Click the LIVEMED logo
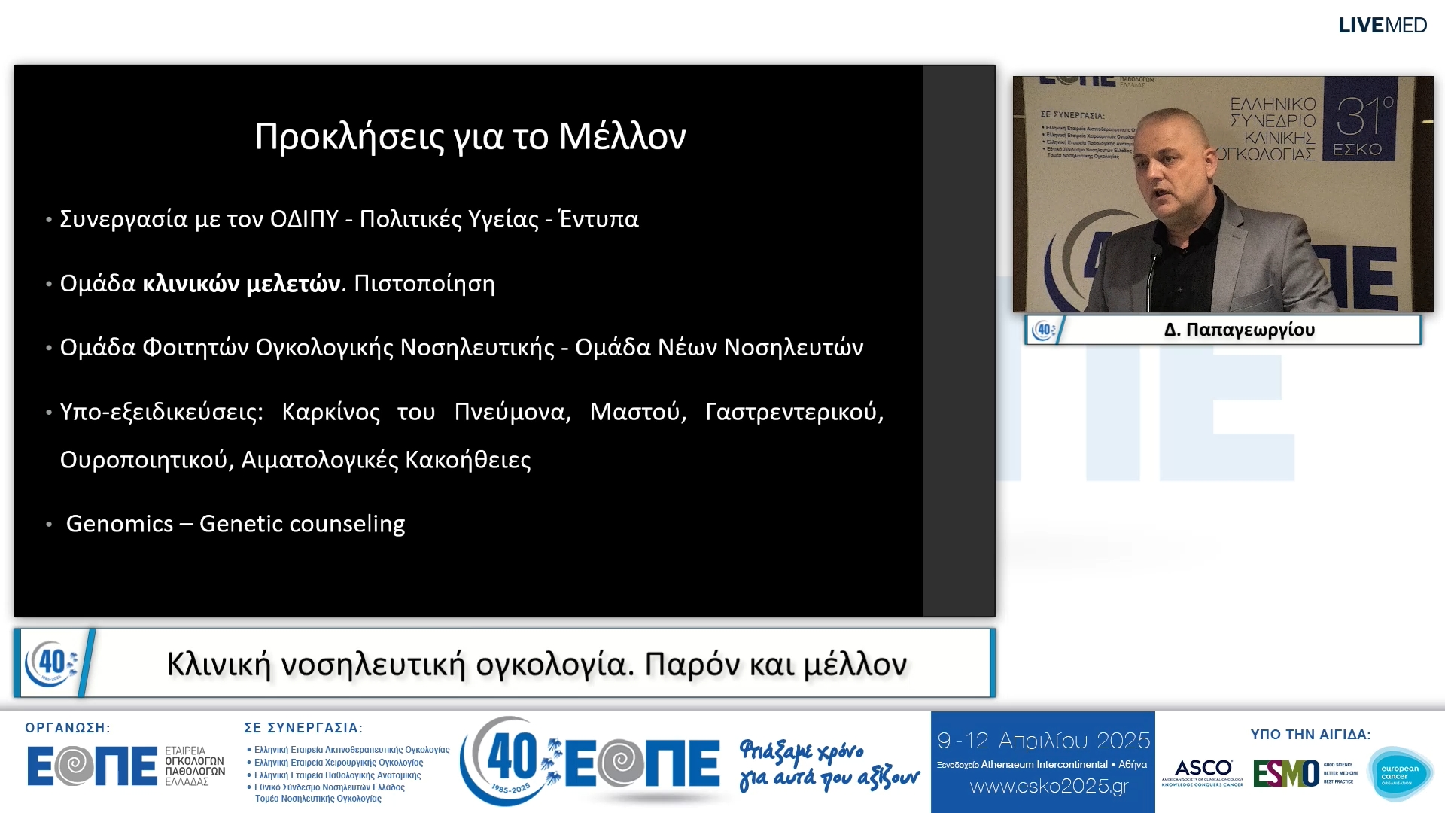point(1382,25)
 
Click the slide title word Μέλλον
point(622,136)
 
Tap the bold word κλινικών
point(191,284)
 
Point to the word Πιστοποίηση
point(424,284)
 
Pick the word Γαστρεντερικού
point(793,412)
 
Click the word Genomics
point(120,524)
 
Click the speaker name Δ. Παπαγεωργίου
point(1239,330)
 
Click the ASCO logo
point(1203,772)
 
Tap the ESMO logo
point(1285,773)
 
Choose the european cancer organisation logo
point(1399,774)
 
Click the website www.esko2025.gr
point(1049,787)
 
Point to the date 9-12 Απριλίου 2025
point(1044,741)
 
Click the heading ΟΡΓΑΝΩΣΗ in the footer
point(68,728)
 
